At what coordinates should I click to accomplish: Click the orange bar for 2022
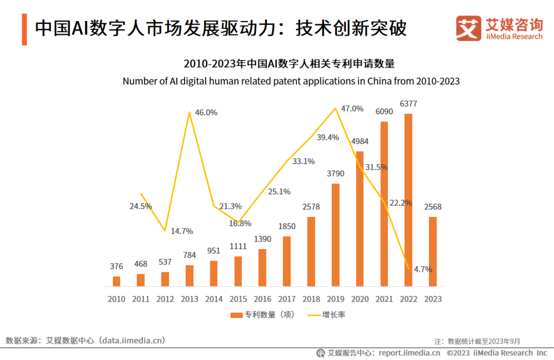coord(408,200)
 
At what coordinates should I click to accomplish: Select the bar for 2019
coord(335,235)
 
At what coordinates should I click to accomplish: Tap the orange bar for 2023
coord(433,251)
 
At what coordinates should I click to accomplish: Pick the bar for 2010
coord(116,281)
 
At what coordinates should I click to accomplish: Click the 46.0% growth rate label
coord(206,112)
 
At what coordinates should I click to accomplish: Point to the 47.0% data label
coord(352,109)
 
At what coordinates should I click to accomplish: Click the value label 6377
coord(408,104)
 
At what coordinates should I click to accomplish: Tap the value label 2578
coord(311,207)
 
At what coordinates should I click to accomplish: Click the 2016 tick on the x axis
coord(262,299)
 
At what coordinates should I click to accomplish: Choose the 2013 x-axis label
coord(189,299)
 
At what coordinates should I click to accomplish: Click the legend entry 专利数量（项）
coord(263,314)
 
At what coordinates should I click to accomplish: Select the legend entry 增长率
coord(327,314)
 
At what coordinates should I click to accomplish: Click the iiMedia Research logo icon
coord(468,28)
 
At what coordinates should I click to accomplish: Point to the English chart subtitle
coord(291,81)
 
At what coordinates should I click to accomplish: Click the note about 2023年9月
coord(477,341)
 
